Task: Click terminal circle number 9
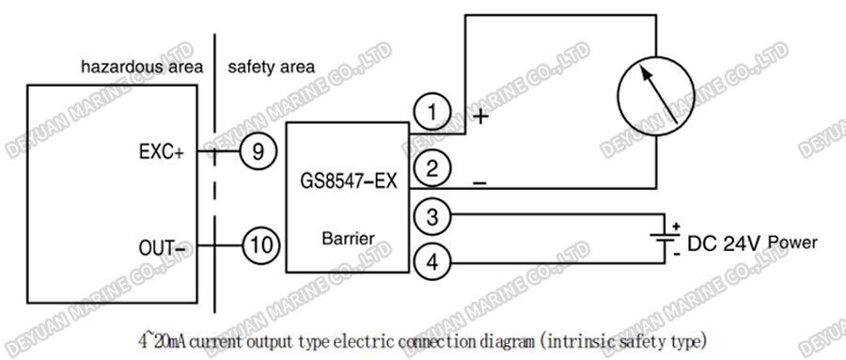pos(257,150)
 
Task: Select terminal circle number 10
pos(262,246)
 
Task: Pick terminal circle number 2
pos(431,169)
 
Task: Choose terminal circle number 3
pos(431,217)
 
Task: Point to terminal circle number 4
pos(431,260)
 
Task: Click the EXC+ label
pos(161,151)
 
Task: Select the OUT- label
pos(161,247)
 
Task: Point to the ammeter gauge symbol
pos(654,96)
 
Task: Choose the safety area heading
pos(271,68)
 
